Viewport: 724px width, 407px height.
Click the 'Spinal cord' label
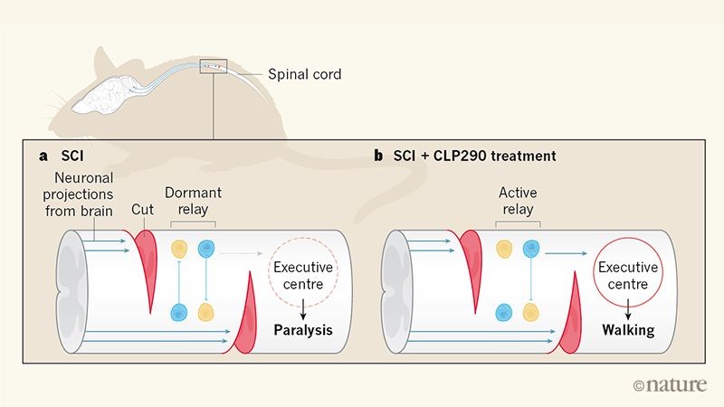tap(305, 74)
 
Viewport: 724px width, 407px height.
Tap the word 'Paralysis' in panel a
tap(303, 330)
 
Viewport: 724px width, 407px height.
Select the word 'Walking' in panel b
tap(628, 330)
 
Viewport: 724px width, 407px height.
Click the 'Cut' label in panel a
tap(142, 210)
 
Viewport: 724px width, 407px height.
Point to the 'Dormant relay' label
tap(193, 201)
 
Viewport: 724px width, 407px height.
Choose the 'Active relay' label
tap(518, 201)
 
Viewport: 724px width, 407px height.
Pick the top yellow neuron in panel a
tap(179, 250)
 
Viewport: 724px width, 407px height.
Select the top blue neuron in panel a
tap(206, 249)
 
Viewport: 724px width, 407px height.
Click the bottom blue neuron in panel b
tap(503, 312)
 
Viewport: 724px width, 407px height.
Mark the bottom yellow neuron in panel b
tap(531, 312)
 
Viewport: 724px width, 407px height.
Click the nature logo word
tap(675, 384)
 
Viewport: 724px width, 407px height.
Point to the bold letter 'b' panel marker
tap(378, 156)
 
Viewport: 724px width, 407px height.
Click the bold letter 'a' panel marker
tap(43, 156)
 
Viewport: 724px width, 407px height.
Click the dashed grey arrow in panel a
tap(241, 253)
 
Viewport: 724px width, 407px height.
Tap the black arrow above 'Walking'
tap(628, 309)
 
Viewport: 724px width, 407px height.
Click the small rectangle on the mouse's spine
tap(214, 66)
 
